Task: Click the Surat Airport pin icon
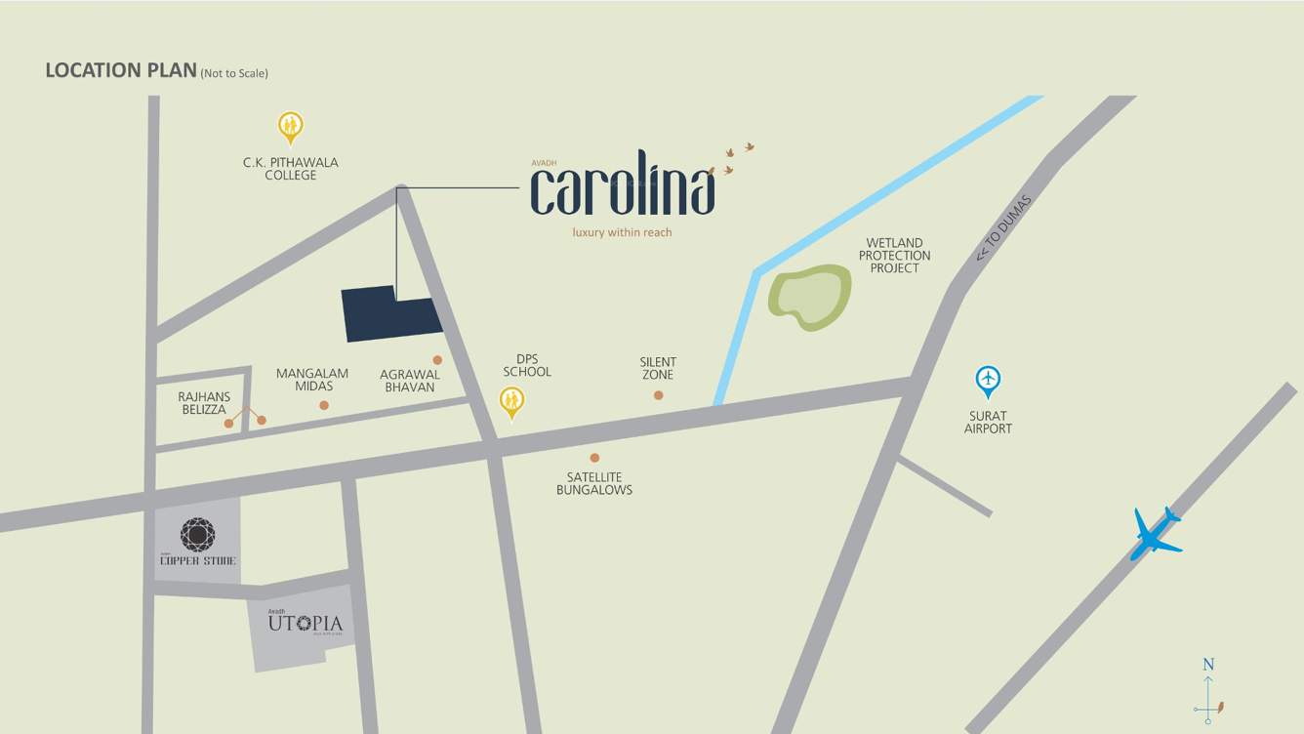988,381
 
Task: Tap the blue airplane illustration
1157,534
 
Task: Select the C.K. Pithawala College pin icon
290,127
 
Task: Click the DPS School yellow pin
511,401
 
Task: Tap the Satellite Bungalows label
593,483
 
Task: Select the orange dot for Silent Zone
658,395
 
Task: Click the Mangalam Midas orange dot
324,405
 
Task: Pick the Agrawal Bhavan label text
410,381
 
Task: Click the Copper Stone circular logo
197,534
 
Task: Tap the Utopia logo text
306,623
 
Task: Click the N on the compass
1208,665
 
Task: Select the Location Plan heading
121,70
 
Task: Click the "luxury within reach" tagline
622,232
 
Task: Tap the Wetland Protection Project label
894,256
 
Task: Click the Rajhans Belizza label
204,403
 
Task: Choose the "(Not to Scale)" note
234,73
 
